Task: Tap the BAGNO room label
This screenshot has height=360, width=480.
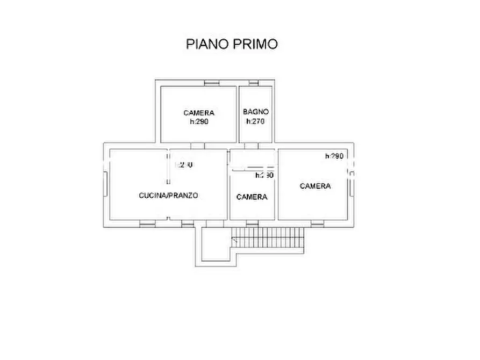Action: (255, 112)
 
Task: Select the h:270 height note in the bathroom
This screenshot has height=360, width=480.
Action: (255, 121)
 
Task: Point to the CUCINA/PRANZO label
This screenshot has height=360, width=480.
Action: (168, 196)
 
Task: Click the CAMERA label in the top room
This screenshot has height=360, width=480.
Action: (198, 113)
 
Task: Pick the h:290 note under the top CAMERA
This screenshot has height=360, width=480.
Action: (198, 122)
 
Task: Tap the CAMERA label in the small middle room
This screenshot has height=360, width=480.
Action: (252, 197)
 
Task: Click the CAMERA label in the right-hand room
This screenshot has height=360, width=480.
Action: (316, 186)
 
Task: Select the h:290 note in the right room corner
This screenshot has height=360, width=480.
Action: (334, 156)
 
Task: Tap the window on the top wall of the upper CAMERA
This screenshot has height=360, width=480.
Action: (212, 83)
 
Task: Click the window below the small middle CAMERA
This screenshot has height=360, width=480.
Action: (252, 222)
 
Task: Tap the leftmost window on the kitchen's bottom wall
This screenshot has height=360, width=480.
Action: (147, 222)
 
